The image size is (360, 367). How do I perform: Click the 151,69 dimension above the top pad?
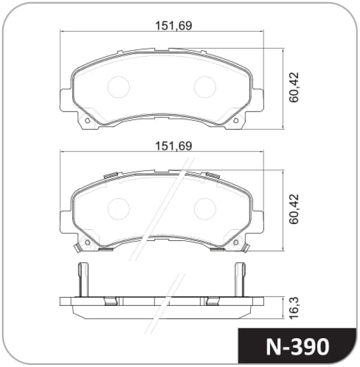pos(174,26)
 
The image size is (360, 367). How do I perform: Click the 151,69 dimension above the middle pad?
pos(174,146)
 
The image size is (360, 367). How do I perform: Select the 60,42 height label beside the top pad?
pos(294,87)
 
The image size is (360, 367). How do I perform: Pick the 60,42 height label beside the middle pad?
pos(294,209)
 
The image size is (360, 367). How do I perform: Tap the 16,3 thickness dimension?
pos(294,308)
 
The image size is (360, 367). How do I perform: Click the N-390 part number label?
pos(298,347)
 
